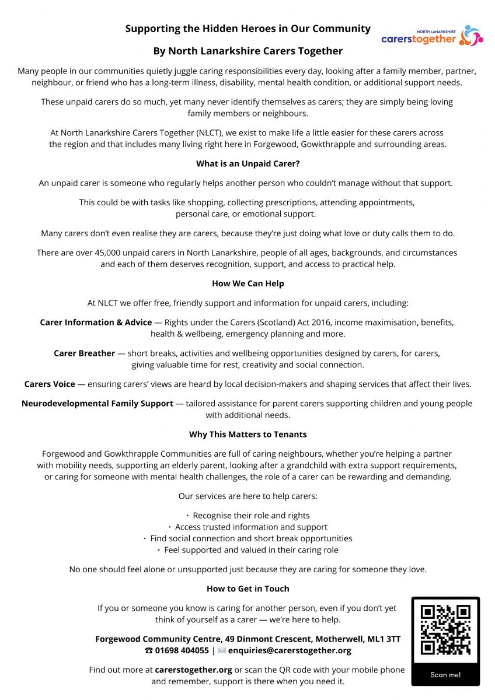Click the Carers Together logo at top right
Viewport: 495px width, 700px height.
click(432, 36)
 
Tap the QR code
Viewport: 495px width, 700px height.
click(445, 630)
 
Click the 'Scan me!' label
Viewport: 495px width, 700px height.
click(445, 674)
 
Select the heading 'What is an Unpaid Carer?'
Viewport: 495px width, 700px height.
click(247, 164)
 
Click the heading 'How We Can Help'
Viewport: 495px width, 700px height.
click(247, 283)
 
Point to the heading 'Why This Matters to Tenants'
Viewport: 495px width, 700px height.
click(247, 434)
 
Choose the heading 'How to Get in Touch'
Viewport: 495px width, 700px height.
click(247, 589)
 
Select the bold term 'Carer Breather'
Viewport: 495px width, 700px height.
click(85, 353)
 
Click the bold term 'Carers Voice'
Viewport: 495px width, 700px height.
click(50, 384)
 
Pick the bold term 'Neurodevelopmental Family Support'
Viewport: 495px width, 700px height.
click(97, 403)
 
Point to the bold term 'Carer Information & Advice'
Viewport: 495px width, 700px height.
click(96, 322)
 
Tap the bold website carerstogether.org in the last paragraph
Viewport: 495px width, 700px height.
click(193, 670)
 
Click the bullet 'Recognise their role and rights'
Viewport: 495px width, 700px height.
click(251, 516)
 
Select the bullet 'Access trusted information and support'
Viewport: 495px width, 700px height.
click(251, 527)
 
